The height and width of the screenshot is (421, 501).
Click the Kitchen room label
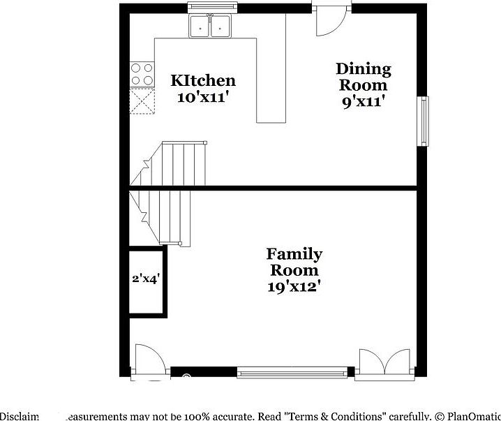click(x=203, y=81)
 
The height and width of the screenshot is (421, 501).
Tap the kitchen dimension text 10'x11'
click(x=203, y=97)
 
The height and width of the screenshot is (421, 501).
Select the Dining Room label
click(x=363, y=77)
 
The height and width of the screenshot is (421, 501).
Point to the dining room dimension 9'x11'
click(x=363, y=101)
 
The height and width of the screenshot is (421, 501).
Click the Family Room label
click(x=294, y=262)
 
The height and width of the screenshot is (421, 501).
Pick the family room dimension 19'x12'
click(x=294, y=286)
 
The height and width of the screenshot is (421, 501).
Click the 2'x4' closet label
click(x=147, y=279)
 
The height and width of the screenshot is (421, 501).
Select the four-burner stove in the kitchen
click(x=142, y=75)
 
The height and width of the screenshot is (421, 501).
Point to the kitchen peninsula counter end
click(x=271, y=112)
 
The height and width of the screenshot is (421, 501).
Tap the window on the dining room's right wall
click(x=423, y=121)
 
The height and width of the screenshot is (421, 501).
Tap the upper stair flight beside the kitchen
click(x=181, y=163)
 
